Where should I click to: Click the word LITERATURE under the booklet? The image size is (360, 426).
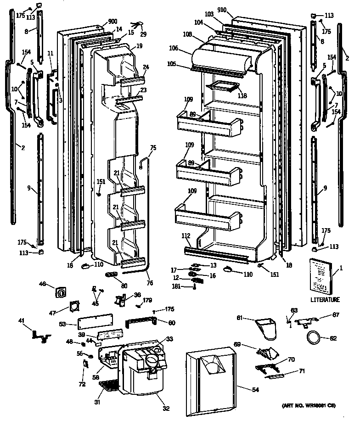click(x=325, y=300)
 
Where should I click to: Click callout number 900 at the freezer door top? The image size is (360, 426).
click(x=113, y=21)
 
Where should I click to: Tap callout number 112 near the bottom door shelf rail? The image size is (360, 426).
click(x=186, y=236)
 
